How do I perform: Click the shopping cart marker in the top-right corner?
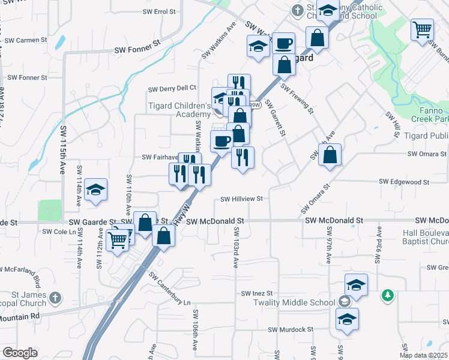[x=423, y=28]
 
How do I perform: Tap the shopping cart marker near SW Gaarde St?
[x=118, y=240]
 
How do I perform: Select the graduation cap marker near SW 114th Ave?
[x=95, y=190]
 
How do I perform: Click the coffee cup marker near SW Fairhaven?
[x=221, y=141]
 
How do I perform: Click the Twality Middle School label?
[x=303, y=303]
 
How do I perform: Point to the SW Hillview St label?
[x=243, y=199]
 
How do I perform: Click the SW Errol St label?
[x=159, y=11]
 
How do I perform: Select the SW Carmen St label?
[x=26, y=40]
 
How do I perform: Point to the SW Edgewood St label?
[x=404, y=181]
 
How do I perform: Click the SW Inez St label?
[x=258, y=293]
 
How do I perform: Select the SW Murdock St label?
[x=291, y=329]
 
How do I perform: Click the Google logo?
[x=20, y=353]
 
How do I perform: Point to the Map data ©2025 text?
[x=423, y=355]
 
